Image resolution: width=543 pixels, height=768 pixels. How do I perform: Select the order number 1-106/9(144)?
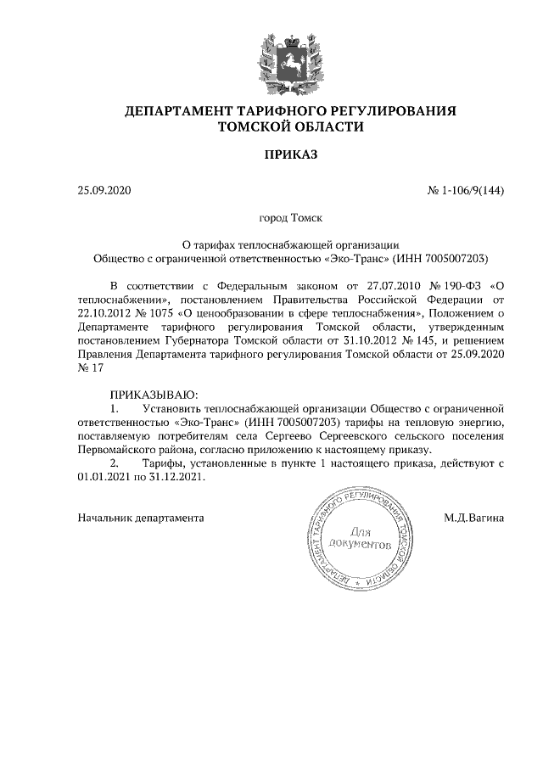click(472, 191)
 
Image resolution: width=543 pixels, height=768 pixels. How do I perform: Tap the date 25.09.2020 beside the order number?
click(105, 191)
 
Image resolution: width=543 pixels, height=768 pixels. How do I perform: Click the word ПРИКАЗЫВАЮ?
click(154, 395)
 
